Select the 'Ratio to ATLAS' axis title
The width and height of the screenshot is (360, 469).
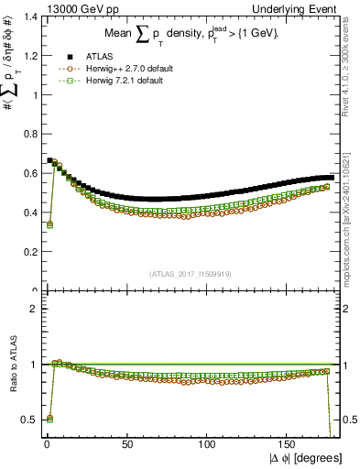(x=10, y=367)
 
